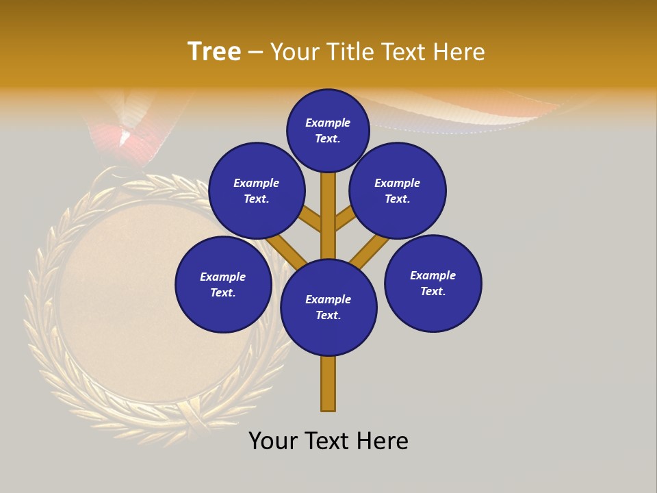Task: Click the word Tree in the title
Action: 214,52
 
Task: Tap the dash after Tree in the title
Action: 255,53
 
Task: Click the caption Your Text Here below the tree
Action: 328,441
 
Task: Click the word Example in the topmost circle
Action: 328,123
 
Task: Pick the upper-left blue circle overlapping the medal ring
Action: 257,190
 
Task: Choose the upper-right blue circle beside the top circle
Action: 398,190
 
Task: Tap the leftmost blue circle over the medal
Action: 223,284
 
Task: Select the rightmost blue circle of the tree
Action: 433,283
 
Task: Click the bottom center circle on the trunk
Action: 328,307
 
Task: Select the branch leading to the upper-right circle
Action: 345,219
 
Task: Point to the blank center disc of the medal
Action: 130,301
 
